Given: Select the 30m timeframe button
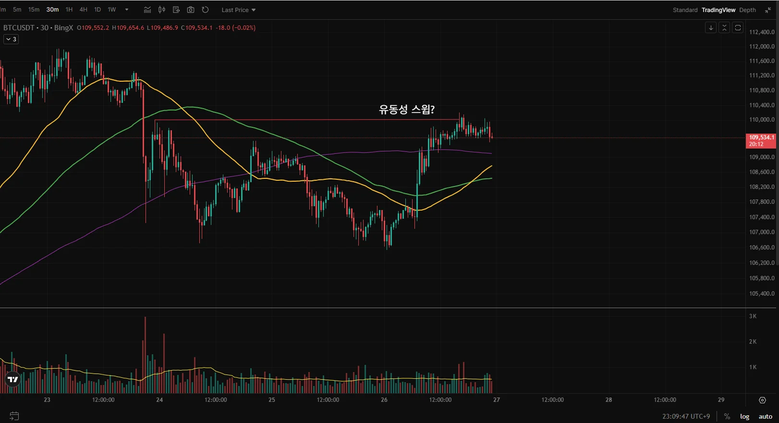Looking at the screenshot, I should pyautogui.click(x=52, y=10).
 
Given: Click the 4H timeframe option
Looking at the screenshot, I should pyautogui.click(x=84, y=10).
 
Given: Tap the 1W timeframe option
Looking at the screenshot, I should pyautogui.click(x=112, y=10).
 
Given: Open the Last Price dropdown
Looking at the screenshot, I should pyautogui.click(x=238, y=10).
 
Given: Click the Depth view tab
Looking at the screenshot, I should pyautogui.click(x=747, y=10).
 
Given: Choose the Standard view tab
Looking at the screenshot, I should pyautogui.click(x=685, y=10).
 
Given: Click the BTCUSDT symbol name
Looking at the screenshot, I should pyautogui.click(x=19, y=28).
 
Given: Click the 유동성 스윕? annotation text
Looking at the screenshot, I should pyautogui.click(x=407, y=110).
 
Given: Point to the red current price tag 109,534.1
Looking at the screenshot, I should pyautogui.click(x=761, y=140).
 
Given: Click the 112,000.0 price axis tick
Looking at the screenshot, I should pyautogui.click(x=762, y=47).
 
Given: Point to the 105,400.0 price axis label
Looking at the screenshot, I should pyautogui.click(x=762, y=294).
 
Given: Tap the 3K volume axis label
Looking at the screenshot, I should pyautogui.click(x=753, y=316).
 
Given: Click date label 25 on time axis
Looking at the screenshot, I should pyautogui.click(x=272, y=400).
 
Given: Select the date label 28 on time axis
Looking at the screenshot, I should pyautogui.click(x=609, y=400).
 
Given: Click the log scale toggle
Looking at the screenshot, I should pyautogui.click(x=744, y=416).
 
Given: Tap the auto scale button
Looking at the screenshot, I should pyautogui.click(x=765, y=416).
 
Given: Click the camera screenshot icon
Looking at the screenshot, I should pyautogui.click(x=191, y=10).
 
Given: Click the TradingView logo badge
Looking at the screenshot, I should pyautogui.click(x=13, y=379).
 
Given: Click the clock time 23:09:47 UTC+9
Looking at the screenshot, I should pyautogui.click(x=686, y=416).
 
